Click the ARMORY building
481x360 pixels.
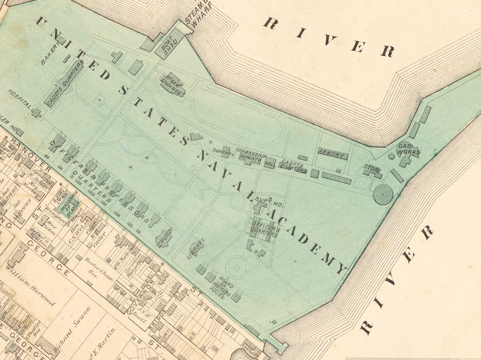tap(332, 154)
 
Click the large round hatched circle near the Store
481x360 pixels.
tap(383, 195)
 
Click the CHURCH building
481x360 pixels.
tap(164, 238)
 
